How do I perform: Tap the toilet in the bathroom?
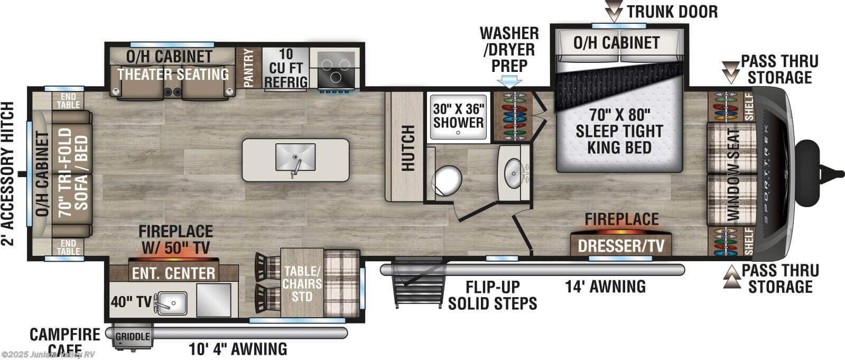(x=447, y=180)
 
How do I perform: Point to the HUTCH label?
(x=407, y=149)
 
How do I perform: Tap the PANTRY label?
(x=249, y=68)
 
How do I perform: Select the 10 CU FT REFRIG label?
(x=285, y=68)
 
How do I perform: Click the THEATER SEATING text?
(x=173, y=74)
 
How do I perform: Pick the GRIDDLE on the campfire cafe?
(x=132, y=337)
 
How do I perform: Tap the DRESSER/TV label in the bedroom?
(x=621, y=246)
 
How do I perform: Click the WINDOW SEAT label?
(x=735, y=174)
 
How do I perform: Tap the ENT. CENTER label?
(x=173, y=273)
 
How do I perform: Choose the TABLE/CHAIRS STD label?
(x=302, y=283)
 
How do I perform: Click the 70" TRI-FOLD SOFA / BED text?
(x=74, y=169)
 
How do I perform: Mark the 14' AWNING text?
(x=605, y=287)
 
